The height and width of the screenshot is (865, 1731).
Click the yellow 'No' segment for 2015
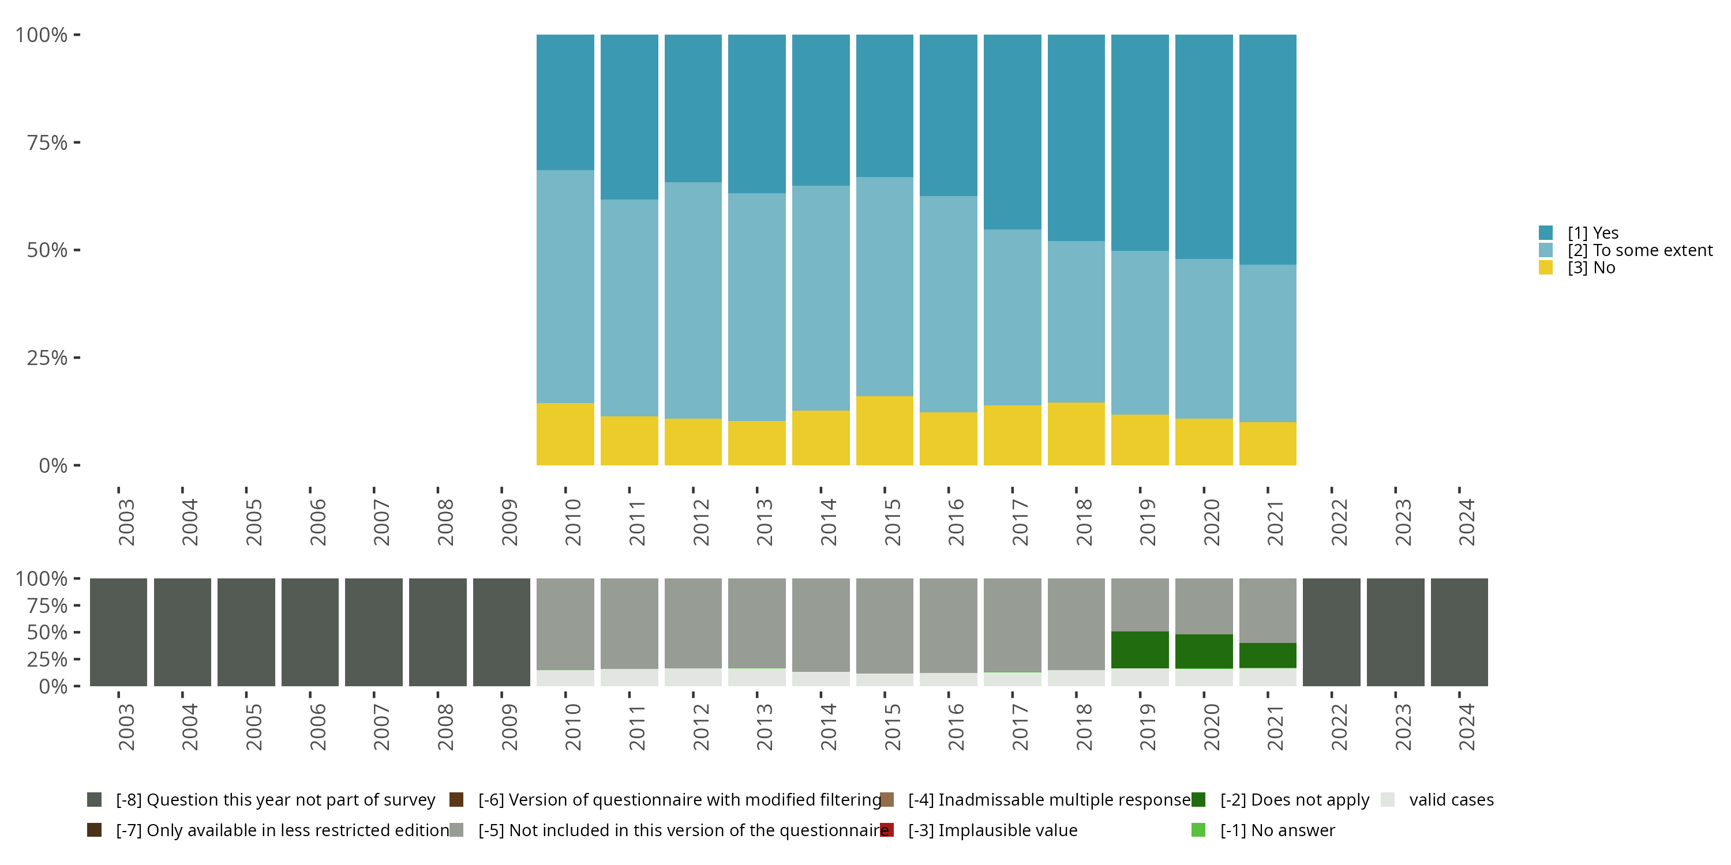[x=885, y=431]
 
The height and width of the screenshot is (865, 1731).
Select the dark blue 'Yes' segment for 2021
[x=1267, y=149]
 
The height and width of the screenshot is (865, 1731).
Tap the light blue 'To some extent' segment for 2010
[x=565, y=286]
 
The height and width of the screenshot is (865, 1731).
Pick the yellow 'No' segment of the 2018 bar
[x=1076, y=434]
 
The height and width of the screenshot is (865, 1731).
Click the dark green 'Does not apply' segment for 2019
[x=1140, y=649]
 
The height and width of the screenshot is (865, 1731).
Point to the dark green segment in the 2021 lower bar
[x=1267, y=656]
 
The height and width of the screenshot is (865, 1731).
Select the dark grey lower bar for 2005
[x=246, y=632]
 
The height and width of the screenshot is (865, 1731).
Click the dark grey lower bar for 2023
[x=1395, y=632]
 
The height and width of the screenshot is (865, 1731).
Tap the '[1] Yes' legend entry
[x=1593, y=233]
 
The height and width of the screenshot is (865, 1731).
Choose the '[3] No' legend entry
[x=1591, y=268]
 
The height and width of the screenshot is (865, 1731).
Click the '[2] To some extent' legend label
[x=1640, y=250]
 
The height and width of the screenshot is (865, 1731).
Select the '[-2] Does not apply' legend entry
[x=1294, y=800]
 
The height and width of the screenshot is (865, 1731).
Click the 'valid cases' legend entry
[x=1451, y=800]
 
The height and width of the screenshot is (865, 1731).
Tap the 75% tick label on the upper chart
[x=47, y=142]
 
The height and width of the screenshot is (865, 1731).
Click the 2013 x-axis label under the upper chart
[x=765, y=522]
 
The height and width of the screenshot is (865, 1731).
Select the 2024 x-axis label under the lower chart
[x=1466, y=727]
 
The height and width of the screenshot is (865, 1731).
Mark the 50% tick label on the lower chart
[x=47, y=633]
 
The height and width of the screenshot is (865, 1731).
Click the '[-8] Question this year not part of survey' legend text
[x=275, y=800]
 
